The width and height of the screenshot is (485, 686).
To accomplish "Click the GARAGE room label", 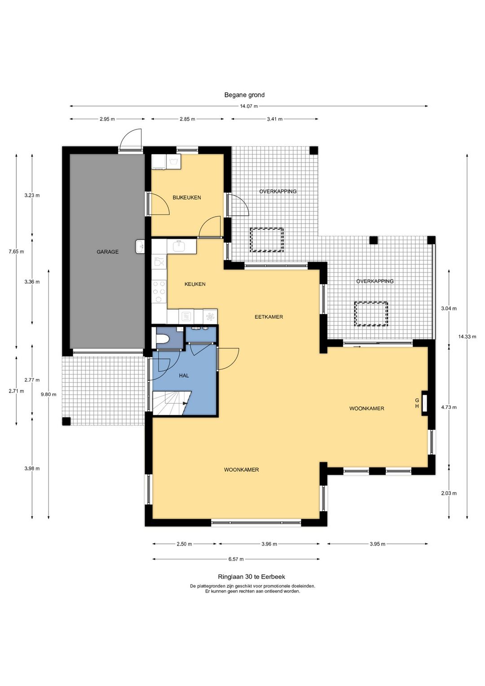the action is coord(107,252).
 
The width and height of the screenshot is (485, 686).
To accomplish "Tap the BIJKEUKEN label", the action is coord(187,197).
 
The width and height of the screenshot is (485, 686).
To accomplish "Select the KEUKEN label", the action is coord(195,284).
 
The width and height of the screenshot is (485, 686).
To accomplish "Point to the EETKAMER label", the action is coord(269,317).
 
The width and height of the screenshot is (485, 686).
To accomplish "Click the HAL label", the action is coord(184,375).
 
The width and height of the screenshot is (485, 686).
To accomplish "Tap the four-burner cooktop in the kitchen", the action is coord(159,291).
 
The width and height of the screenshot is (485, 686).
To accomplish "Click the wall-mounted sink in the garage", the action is coord(140,246).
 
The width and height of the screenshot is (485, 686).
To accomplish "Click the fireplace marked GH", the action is coord(425,403).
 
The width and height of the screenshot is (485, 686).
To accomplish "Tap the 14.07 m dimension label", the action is coord(249,106).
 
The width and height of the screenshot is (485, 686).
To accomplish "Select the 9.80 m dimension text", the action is coord(48,394).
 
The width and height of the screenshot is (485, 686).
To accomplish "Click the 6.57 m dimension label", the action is coord(236,559).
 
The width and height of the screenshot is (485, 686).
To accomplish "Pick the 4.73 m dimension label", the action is coord(449,407).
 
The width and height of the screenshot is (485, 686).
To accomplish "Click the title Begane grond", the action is coord(244,95).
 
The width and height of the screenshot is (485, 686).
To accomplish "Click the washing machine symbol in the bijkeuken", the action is coord(173,161).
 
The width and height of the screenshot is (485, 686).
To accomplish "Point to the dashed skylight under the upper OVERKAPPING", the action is coord(267,240).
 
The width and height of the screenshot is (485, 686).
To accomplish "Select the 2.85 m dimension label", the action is coord(187,119).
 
